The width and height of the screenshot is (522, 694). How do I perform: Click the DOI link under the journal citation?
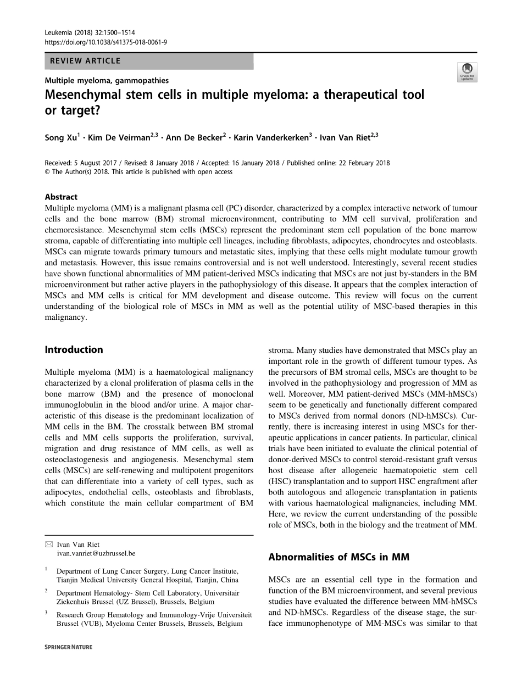click(105, 42)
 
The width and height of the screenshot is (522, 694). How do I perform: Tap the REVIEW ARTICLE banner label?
click(85, 61)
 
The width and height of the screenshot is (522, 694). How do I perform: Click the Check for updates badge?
click(467, 71)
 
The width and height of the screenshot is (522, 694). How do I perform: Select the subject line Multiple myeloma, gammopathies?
click(107, 80)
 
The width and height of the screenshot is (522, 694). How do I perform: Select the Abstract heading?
click(61, 197)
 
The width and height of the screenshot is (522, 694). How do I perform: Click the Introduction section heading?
click(74, 349)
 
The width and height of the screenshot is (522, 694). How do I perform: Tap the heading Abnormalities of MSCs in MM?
click(338, 557)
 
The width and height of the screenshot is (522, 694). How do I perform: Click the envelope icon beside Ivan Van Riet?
click(48, 545)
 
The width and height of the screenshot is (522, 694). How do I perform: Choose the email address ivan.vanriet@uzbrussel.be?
click(96, 553)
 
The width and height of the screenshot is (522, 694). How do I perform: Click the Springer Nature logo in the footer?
click(69, 647)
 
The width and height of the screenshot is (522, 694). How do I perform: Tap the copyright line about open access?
click(138, 171)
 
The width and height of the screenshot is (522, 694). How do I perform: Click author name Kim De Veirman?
click(122, 138)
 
